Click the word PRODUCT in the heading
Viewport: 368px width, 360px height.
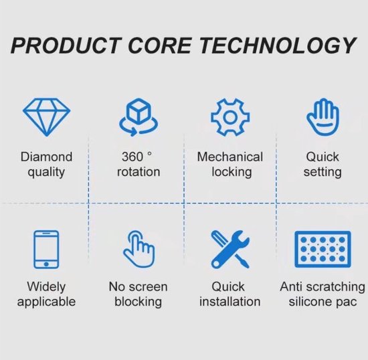[66, 46]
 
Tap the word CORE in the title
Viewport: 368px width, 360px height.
[160, 46]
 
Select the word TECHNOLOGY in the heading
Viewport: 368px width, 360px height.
[278, 46]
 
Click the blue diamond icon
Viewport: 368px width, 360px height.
[46, 117]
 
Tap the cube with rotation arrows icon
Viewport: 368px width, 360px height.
[139, 117]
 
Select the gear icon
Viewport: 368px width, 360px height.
[230, 117]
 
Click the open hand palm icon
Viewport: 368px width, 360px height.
[323, 117]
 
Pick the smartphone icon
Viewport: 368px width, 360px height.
[46, 250]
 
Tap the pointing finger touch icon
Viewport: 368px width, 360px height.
[139, 249]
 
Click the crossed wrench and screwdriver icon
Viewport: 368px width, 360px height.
[230, 249]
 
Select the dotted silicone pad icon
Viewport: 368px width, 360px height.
[323, 249]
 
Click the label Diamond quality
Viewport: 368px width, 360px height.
[46, 165]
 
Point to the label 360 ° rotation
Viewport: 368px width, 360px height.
[139, 165]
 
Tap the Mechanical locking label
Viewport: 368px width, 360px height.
[230, 165]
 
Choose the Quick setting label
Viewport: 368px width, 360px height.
[323, 165]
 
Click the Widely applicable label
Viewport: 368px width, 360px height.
[46, 294]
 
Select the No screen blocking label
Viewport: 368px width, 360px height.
[139, 294]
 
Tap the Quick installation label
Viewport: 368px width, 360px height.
[230, 294]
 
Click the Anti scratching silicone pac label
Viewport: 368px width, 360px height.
[323, 294]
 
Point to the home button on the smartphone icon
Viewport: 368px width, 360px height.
[46, 264]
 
